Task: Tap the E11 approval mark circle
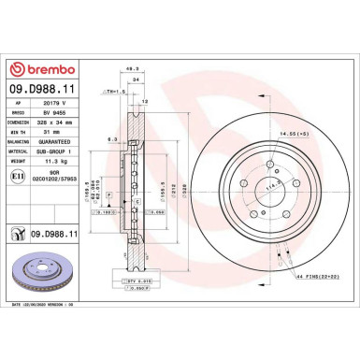18,175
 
